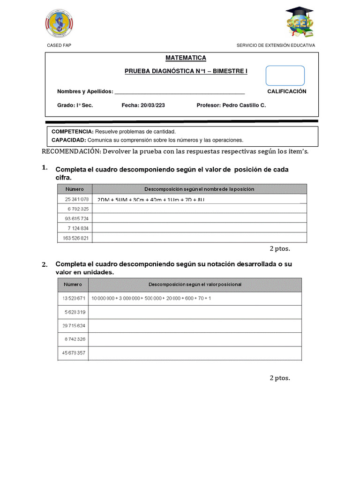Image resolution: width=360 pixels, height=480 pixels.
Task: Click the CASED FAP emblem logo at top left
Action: click(x=59, y=23)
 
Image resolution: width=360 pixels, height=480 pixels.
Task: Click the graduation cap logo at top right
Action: click(x=300, y=22)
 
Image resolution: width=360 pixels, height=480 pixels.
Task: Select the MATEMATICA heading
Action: click(x=186, y=58)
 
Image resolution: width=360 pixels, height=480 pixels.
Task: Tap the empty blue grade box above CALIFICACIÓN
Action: click(x=285, y=75)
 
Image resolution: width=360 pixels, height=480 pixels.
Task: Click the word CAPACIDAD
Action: click(x=68, y=140)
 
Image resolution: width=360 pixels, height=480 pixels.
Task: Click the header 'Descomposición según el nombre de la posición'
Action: click(x=199, y=189)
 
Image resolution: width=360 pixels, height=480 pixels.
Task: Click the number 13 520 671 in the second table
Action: click(x=73, y=298)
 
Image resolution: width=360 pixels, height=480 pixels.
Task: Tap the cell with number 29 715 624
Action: click(x=73, y=325)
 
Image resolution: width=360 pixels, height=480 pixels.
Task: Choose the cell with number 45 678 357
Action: click(x=73, y=352)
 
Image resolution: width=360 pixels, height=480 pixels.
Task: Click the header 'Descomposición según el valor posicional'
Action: click(x=195, y=285)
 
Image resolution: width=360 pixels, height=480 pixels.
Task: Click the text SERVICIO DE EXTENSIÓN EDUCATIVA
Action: click(x=276, y=45)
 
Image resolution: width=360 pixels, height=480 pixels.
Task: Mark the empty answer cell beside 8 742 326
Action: click(x=195, y=339)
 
